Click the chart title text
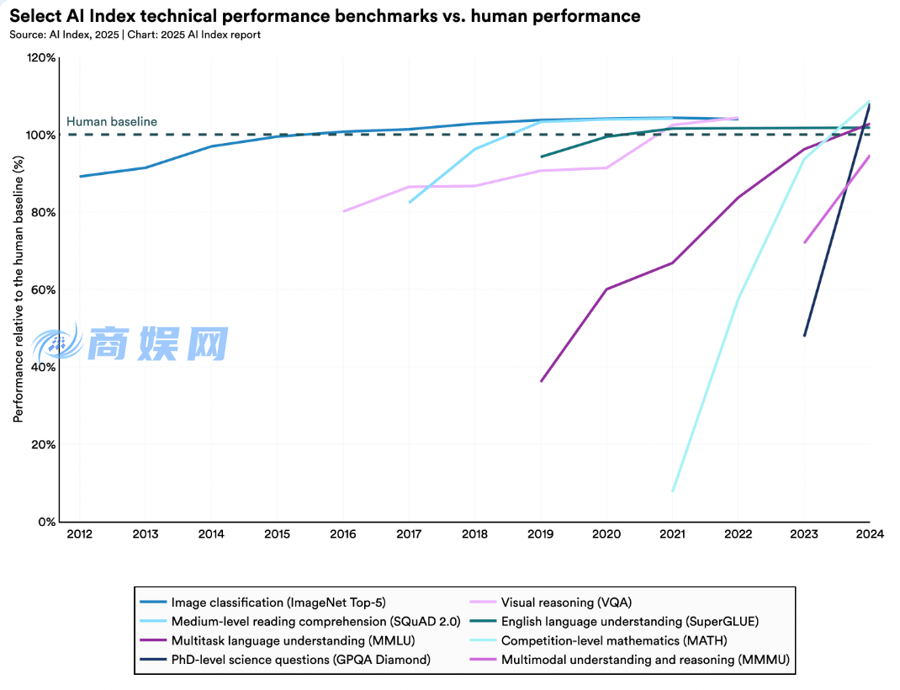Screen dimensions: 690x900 [x=325, y=16]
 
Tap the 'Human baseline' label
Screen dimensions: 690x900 [x=112, y=122]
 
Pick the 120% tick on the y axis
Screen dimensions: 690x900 [x=41, y=58]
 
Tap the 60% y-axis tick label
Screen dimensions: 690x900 [x=44, y=290]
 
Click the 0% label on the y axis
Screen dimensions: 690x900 [x=47, y=522]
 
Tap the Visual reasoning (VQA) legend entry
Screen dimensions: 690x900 [x=566, y=602]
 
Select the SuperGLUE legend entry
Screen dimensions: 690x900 [x=629, y=622]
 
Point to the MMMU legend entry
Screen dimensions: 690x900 [x=645, y=660]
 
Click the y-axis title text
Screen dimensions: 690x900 [x=17, y=290]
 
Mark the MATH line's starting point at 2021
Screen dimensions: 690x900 [x=673, y=491]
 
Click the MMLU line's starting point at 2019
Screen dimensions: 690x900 [x=541, y=381]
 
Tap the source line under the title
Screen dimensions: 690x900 [x=135, y=34]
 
